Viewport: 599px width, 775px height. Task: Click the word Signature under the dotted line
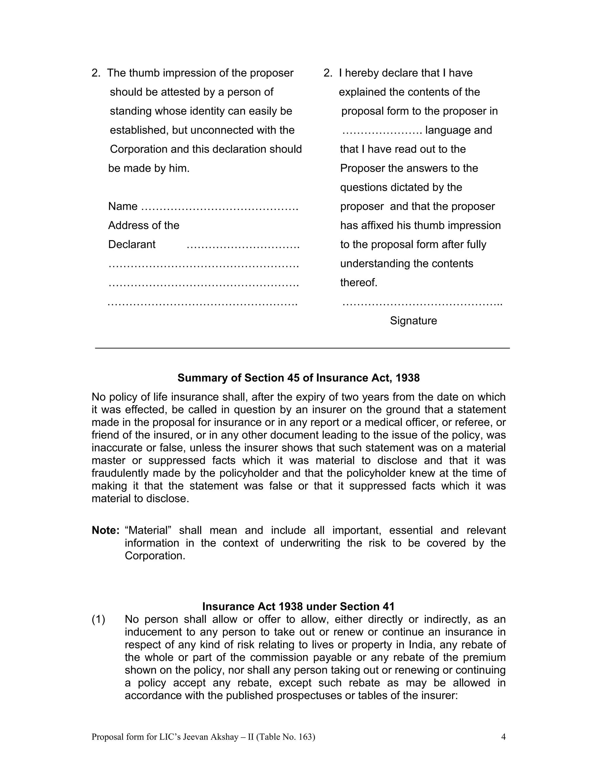(x=413, y=321)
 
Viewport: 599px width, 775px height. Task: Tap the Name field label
(x=123, y=206)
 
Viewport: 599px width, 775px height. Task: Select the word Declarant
(x=132, y=244)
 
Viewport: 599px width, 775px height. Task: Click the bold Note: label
(x=105, y=531)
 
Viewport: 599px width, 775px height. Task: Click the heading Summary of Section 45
(x=298, y=378)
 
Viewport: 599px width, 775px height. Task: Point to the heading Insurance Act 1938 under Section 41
(x=298, y=607)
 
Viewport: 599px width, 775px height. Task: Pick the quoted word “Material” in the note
(x=148, y=531)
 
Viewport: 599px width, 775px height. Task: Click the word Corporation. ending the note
(x=155, y=556)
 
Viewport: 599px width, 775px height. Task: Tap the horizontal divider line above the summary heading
(x=302, y=348)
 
